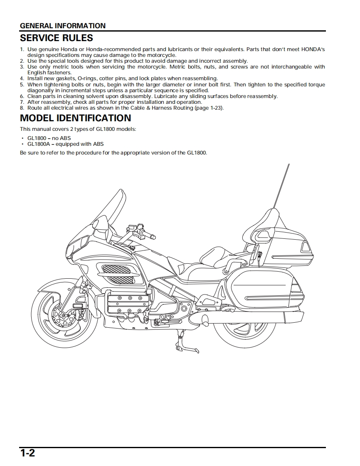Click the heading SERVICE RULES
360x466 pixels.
pyautogui.click(x=57, y=38)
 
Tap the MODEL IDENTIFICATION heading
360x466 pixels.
pyautogui.click(x=76, y=118)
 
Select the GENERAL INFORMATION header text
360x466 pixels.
pyautogui.click(x=63, y=26)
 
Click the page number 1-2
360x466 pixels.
pyautogui.click(x=27, y=453)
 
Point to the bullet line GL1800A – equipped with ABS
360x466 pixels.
pyautogui.click(x=65, y=144)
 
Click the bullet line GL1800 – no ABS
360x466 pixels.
pyautogui.click(x=49, y=138)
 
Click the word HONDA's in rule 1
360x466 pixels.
pyautogui.click(x=313, y=49)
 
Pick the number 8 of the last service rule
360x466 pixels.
pyautogui.click(x=22, y=108)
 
